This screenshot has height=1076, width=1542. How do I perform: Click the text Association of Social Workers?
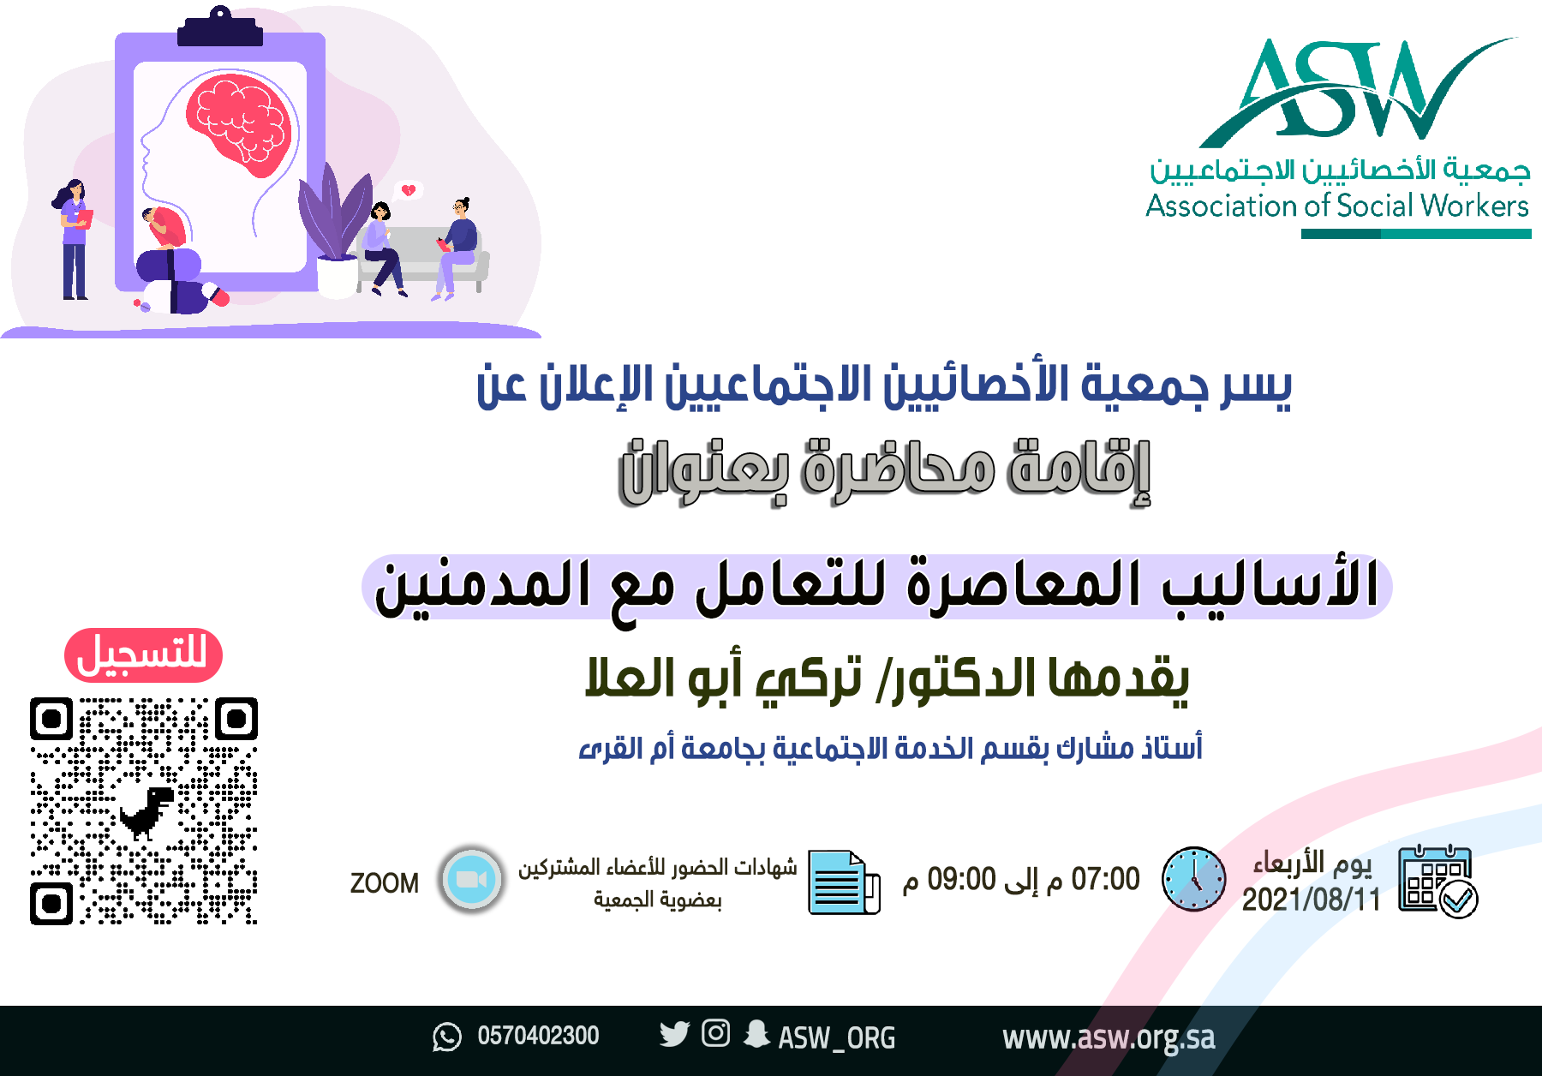tap(1337, 206)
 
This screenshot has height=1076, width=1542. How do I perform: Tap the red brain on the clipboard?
tap(240, 122)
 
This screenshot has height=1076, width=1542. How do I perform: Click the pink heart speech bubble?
tap(409, 190)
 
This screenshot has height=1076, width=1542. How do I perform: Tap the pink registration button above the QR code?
tap(143, 655)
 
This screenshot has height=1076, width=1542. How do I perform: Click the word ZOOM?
tap(385, 883)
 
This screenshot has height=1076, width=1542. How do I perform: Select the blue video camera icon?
tap(470, 880)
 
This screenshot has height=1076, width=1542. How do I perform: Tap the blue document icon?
tap(844, 882)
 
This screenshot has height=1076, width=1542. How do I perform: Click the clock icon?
tap(1193, 879)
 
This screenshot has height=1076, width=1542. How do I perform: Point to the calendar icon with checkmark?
tap(1437, 882)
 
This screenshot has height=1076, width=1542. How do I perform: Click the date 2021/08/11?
tap(1312, 900)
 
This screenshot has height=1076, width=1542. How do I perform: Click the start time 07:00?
tap(1105, 879)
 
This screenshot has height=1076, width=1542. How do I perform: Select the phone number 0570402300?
tap(538, 1036)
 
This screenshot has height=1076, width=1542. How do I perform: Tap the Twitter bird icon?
tap(674, 1034)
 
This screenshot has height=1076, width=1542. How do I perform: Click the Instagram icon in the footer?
tap(715, 1033)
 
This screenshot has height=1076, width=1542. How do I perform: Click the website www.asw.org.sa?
tap(1109, 1037)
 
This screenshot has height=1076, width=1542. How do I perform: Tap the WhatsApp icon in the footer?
tap(446, 1037)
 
